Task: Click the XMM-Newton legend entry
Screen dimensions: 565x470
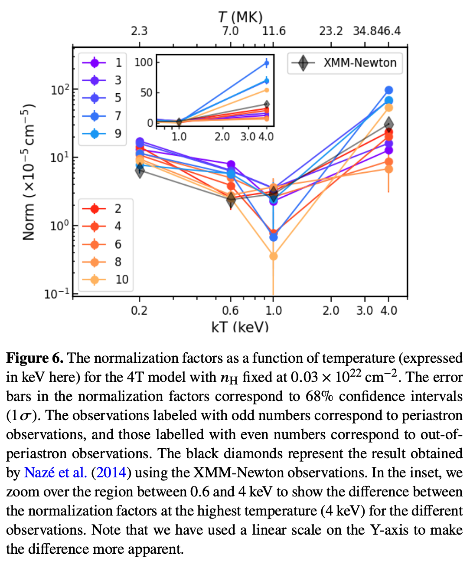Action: tap(345, 63)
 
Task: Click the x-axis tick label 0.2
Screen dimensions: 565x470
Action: tap(139, 311)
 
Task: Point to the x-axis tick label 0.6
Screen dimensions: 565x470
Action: tap(230, 311)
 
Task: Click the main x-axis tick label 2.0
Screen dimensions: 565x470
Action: tap(331, 311)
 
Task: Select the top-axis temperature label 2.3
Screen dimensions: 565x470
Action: tap(139, 31)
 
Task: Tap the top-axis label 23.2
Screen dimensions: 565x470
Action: tap(331, 31)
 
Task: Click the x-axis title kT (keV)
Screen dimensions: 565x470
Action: tap(240, 327)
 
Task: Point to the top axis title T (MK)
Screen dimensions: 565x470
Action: tap(240, 17)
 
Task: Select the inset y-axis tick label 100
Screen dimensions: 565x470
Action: tap(144, 62)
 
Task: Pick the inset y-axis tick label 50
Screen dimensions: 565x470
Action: tap(147, 93)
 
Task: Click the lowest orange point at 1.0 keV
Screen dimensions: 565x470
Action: tap(273, 256)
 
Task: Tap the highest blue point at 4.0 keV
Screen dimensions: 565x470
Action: tap(388, 90)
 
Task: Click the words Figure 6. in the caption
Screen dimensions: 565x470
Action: tap(35, 358)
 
